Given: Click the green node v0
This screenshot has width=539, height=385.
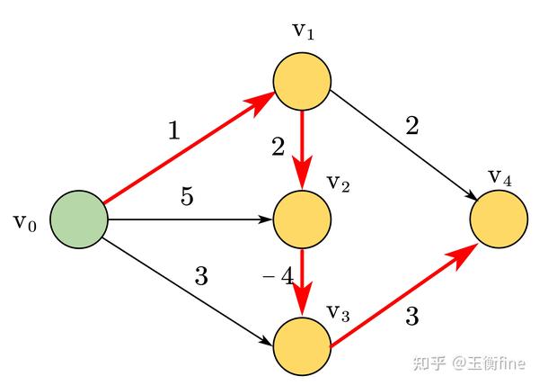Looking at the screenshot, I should click(78, 219).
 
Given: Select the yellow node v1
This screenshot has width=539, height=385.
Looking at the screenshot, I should click(303, 79).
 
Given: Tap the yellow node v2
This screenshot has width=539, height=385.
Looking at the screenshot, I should click(302, 219).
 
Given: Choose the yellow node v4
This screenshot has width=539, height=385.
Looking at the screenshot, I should click(498, 219).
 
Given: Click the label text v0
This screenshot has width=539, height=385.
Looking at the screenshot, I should click(24, 221).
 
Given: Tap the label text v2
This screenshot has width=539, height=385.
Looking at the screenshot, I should click(338, 184).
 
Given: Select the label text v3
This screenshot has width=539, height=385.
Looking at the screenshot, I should click(338, 312).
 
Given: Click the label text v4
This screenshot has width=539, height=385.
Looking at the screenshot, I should click(500, 175).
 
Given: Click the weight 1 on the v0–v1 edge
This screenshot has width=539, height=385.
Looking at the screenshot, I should click(173, 131).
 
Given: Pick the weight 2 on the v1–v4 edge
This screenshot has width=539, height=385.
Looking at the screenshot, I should click(412, 126).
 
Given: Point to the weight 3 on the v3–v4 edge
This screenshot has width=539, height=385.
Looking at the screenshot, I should click(412, 316).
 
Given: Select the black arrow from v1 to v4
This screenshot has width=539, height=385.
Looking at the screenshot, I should click(404, 147).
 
